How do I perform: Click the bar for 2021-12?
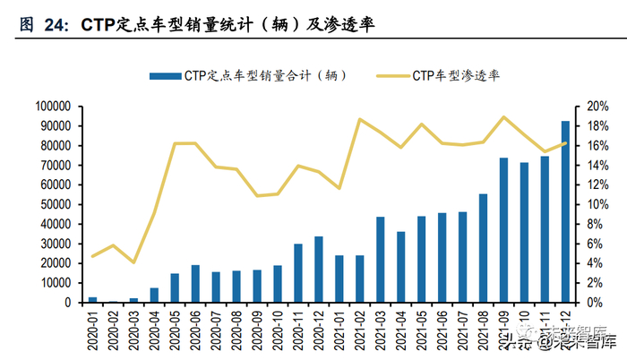[565, 212]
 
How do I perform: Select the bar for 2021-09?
[503, 230]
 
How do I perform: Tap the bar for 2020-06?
[195, 284]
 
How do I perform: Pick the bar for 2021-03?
[381, 260]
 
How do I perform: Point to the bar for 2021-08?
[483, 248]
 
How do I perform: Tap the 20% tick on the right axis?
[597, 106]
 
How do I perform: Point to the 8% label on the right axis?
[595, 224]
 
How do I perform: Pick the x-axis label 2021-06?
[442, 329]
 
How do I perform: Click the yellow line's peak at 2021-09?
[503, 117]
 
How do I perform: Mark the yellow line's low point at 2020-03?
[133, 262]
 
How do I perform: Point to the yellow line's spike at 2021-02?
[360, 119]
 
